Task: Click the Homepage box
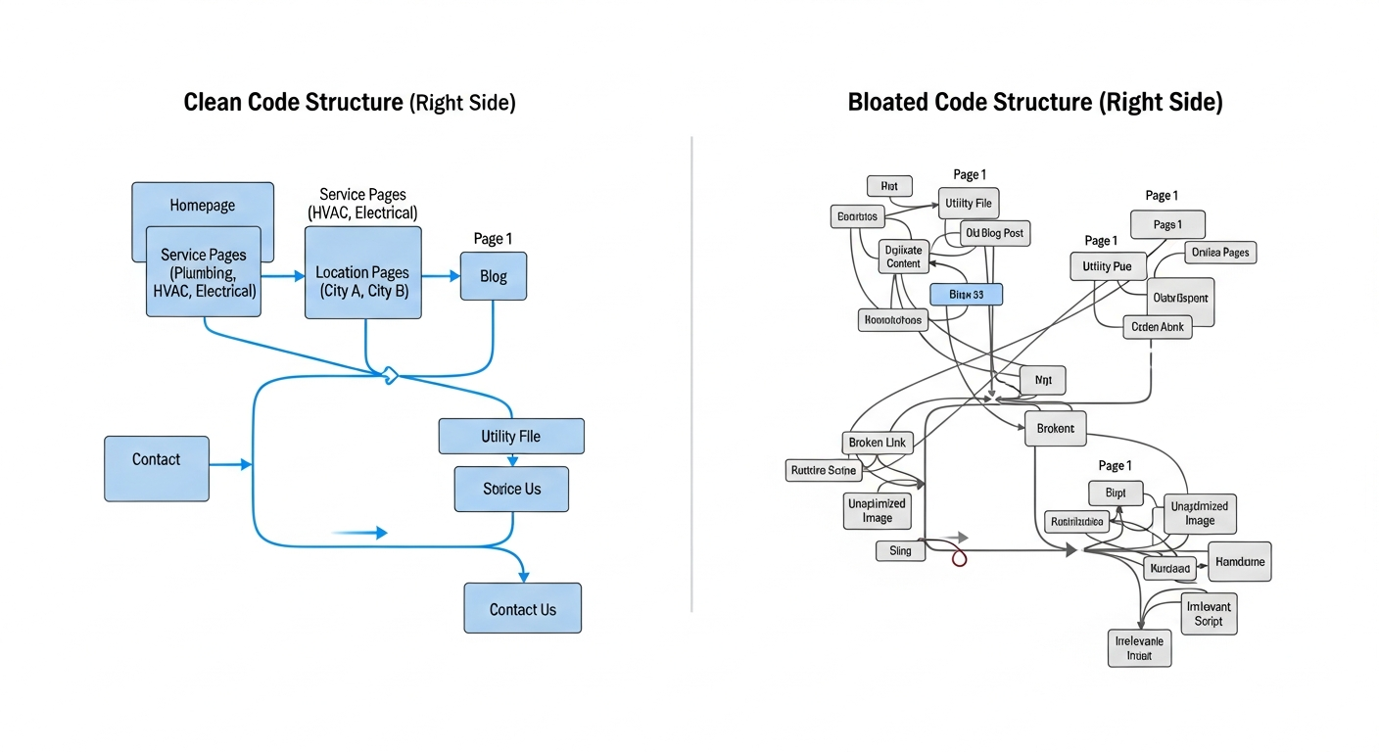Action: (203, 205)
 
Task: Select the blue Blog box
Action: (494, 276)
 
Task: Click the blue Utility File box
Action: (511, 436)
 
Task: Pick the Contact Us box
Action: (522, 609)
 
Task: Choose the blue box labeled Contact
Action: (157, 468)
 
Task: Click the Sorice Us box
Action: (511, 489)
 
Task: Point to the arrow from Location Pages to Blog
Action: (441, 276)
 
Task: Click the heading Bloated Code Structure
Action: (1034, 102)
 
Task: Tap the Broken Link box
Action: (877, 443)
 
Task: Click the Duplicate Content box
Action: (903, 257)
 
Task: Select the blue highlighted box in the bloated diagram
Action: (966, 294)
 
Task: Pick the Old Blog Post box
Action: (993, 233)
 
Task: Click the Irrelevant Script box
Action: (1208, 614)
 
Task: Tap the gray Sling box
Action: (900, 551)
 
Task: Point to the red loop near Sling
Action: (960, 558)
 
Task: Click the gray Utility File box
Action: (968, 204)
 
